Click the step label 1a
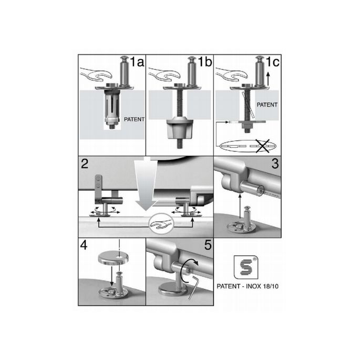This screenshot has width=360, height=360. point(137,62)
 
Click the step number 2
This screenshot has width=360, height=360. point(85,163)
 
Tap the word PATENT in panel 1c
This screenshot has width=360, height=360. point(268,105)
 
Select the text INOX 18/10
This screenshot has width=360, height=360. point(262,287)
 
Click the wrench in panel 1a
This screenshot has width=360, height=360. point(95,77)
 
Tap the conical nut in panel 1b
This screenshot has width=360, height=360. point(178,128)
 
